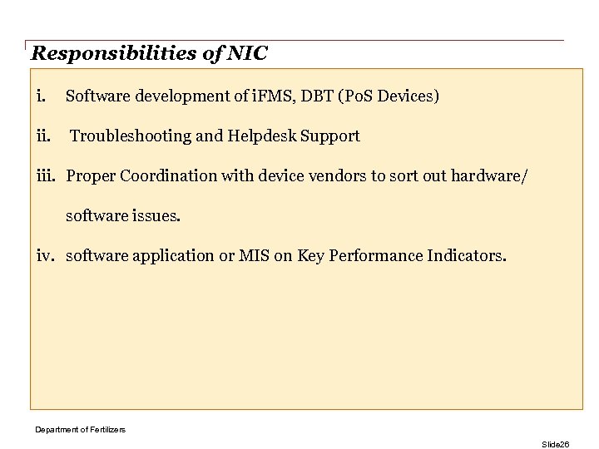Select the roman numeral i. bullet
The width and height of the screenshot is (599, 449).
pyautogui.click(x=40, y=96)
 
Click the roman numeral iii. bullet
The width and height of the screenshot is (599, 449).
pyautogui.click(x=47, y=176)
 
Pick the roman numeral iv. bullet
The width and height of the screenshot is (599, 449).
pyautogui.click(x=47, y=256)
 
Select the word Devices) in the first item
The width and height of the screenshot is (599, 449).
pyautogui.click(x=408, y=96)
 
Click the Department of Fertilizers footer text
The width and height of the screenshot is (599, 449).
pyautogui.click(x=80, y=429)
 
